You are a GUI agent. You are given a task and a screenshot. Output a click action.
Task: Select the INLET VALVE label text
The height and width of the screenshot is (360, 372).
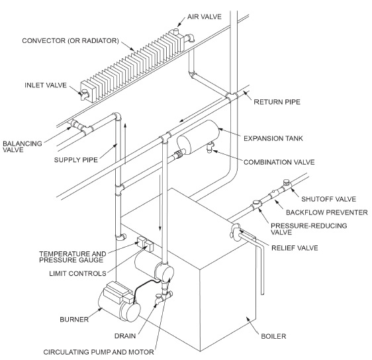coord(44,85)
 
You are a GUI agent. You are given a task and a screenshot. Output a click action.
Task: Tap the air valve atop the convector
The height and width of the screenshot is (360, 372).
coord(179,33)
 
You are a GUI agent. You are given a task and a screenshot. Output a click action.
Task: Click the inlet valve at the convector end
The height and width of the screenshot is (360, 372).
coord(86,93)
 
